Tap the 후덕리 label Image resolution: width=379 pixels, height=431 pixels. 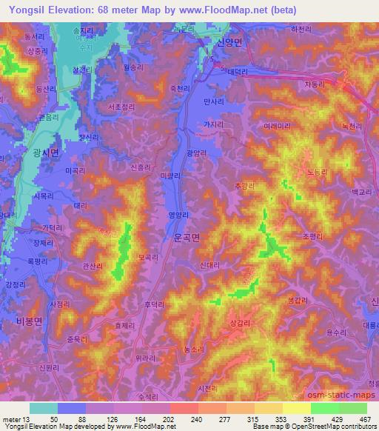[153, 304]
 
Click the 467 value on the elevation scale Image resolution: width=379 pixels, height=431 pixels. [364, 418]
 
